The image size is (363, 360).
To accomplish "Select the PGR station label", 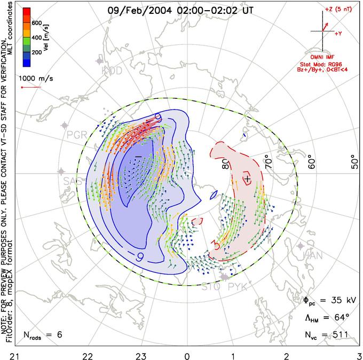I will [77, 134].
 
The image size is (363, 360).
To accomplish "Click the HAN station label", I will [312, 256].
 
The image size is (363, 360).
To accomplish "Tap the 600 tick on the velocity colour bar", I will [36, 22].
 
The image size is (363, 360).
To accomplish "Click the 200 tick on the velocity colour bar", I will [36, 53].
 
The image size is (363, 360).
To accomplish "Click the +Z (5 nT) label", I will [335, 10].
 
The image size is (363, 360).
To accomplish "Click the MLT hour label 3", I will [359, 353].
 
